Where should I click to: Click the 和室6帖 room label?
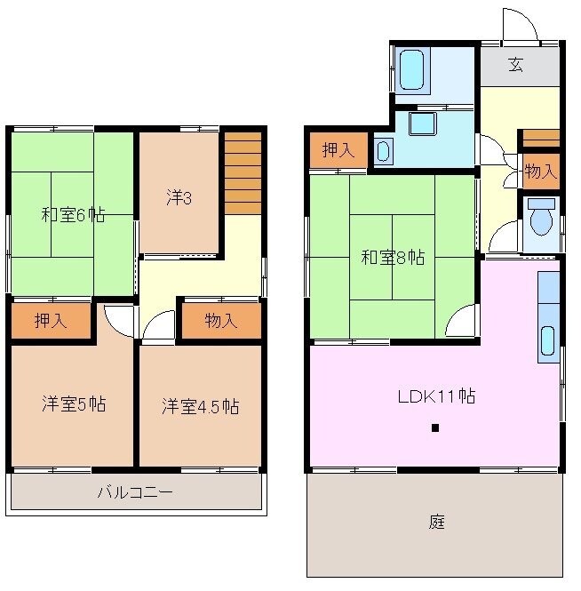(73, 214)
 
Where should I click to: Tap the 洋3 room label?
(179, 197)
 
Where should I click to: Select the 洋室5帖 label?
(74, 404)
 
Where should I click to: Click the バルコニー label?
(135, 491)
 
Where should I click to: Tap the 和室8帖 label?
(392, 258)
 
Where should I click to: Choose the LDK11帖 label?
(435, 396)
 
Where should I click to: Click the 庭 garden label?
(436, 523)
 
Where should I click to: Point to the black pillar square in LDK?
(435, 428)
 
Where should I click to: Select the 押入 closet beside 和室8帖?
(338, 150)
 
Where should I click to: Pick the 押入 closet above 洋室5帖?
(51, 322)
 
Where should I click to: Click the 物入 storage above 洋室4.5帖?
(220, 322)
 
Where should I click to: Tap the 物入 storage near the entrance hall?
(539, 172)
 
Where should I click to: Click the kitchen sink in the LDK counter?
(548, 343)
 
